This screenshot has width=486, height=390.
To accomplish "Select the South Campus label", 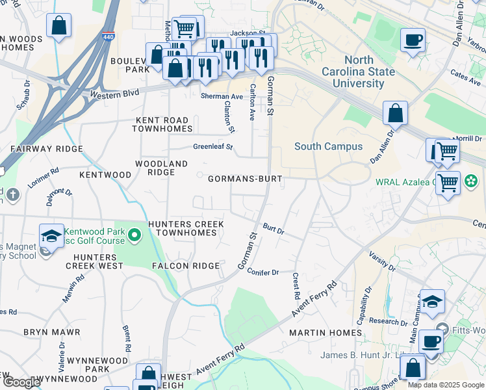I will tap(329, 146).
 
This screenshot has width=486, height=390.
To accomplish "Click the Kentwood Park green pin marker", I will tap(134, 234).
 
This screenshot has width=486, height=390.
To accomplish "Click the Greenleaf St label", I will tap(212, 147).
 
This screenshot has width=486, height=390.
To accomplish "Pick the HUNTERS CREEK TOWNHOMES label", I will tap(186, 228).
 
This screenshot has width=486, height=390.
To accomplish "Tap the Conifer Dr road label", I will tap(263, 272).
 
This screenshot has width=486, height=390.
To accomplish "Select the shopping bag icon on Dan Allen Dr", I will tap(395, 114).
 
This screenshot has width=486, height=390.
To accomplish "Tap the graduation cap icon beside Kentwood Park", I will tap(51, 236).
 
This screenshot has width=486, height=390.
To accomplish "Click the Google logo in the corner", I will tap(21, 382).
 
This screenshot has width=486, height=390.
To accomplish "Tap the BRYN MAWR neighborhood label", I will tap(51, 332).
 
